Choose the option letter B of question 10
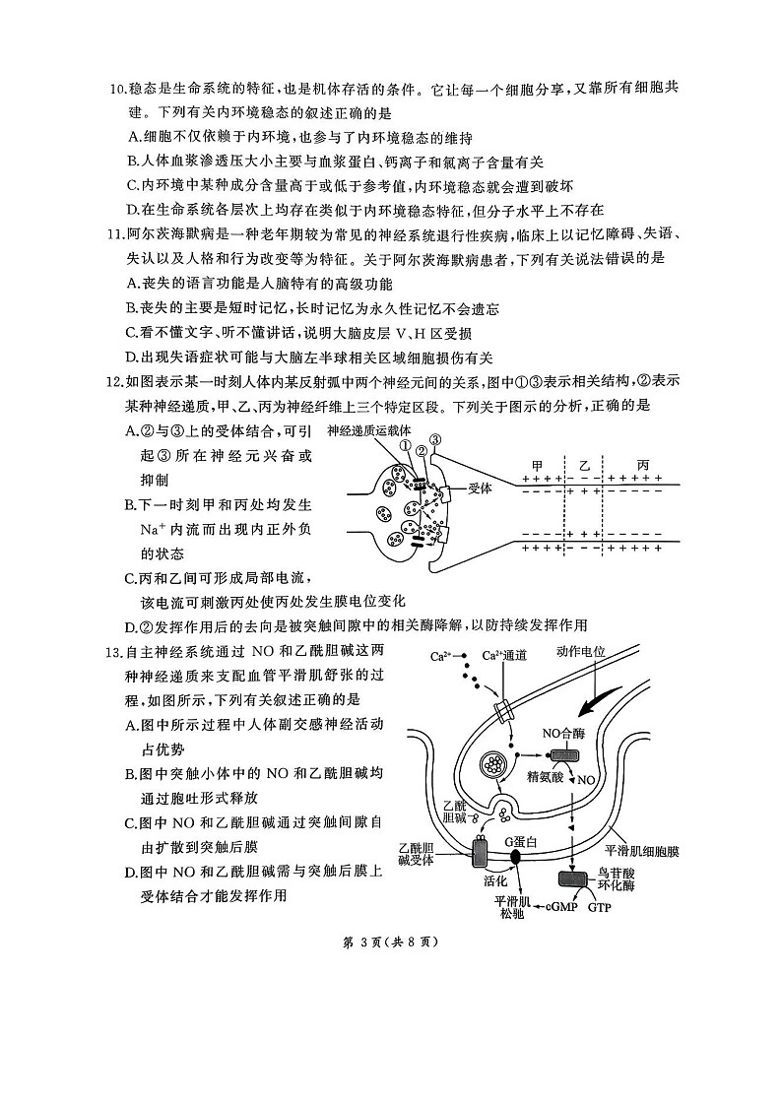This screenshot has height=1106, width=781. click(x=134, y=162)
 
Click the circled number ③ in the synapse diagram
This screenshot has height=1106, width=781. click(x=435, y=439)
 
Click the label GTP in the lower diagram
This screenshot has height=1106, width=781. click(x=600, y=907)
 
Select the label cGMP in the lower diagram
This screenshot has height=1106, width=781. click(x=560, y=907)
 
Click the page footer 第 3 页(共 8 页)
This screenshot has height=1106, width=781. click(x=390, y=941)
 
